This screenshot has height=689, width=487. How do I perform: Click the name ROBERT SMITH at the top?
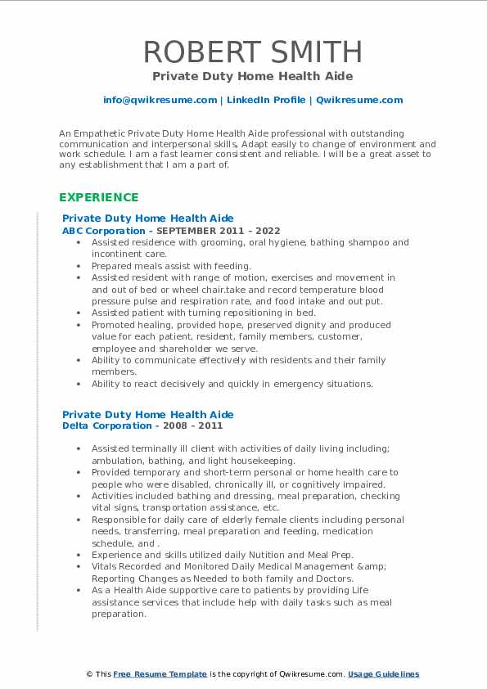point(253,52)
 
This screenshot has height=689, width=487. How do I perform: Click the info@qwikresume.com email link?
point(160,100)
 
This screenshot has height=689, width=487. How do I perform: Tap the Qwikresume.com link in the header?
point(358,100)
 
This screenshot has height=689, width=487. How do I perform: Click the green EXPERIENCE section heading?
point(98,197)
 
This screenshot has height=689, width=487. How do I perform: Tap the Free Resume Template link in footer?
point(160,674)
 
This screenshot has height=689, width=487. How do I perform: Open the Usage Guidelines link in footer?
point(383,674)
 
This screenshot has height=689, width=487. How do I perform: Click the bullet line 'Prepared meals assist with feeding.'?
point(171,266)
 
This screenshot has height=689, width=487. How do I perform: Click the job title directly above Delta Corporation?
point(147,414)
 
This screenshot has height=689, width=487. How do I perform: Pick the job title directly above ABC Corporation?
point(147,218)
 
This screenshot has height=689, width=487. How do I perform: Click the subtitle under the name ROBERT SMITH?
point(252,76)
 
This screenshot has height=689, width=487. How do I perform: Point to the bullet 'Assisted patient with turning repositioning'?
point(203,313)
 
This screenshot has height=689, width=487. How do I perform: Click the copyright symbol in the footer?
point(89,674)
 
